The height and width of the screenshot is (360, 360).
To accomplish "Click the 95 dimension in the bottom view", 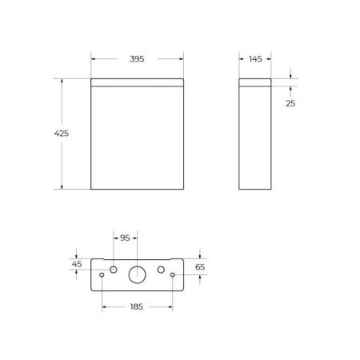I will coord(124,238).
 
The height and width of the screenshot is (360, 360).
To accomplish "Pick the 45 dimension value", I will coord(78,263).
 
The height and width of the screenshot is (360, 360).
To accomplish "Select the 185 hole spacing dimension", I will coord(138,306).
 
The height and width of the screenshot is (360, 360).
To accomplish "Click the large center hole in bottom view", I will coord(137,274).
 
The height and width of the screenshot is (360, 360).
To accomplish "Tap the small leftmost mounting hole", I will coord(102,275).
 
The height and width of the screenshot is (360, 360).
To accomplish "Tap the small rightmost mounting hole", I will coord(173,275).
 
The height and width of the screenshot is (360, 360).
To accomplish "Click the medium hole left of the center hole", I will coord(114,268).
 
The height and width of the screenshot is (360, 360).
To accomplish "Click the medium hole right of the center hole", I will coord(161,268).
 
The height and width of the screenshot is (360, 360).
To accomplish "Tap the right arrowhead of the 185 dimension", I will coord(171,306).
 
